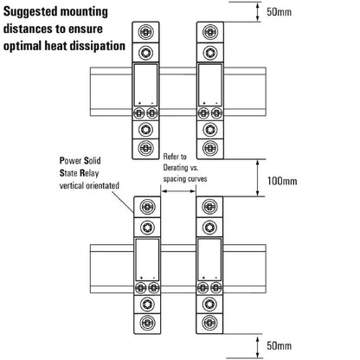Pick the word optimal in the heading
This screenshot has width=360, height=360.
click(27, 43)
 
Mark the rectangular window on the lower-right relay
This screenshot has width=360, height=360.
click(209, 257)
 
